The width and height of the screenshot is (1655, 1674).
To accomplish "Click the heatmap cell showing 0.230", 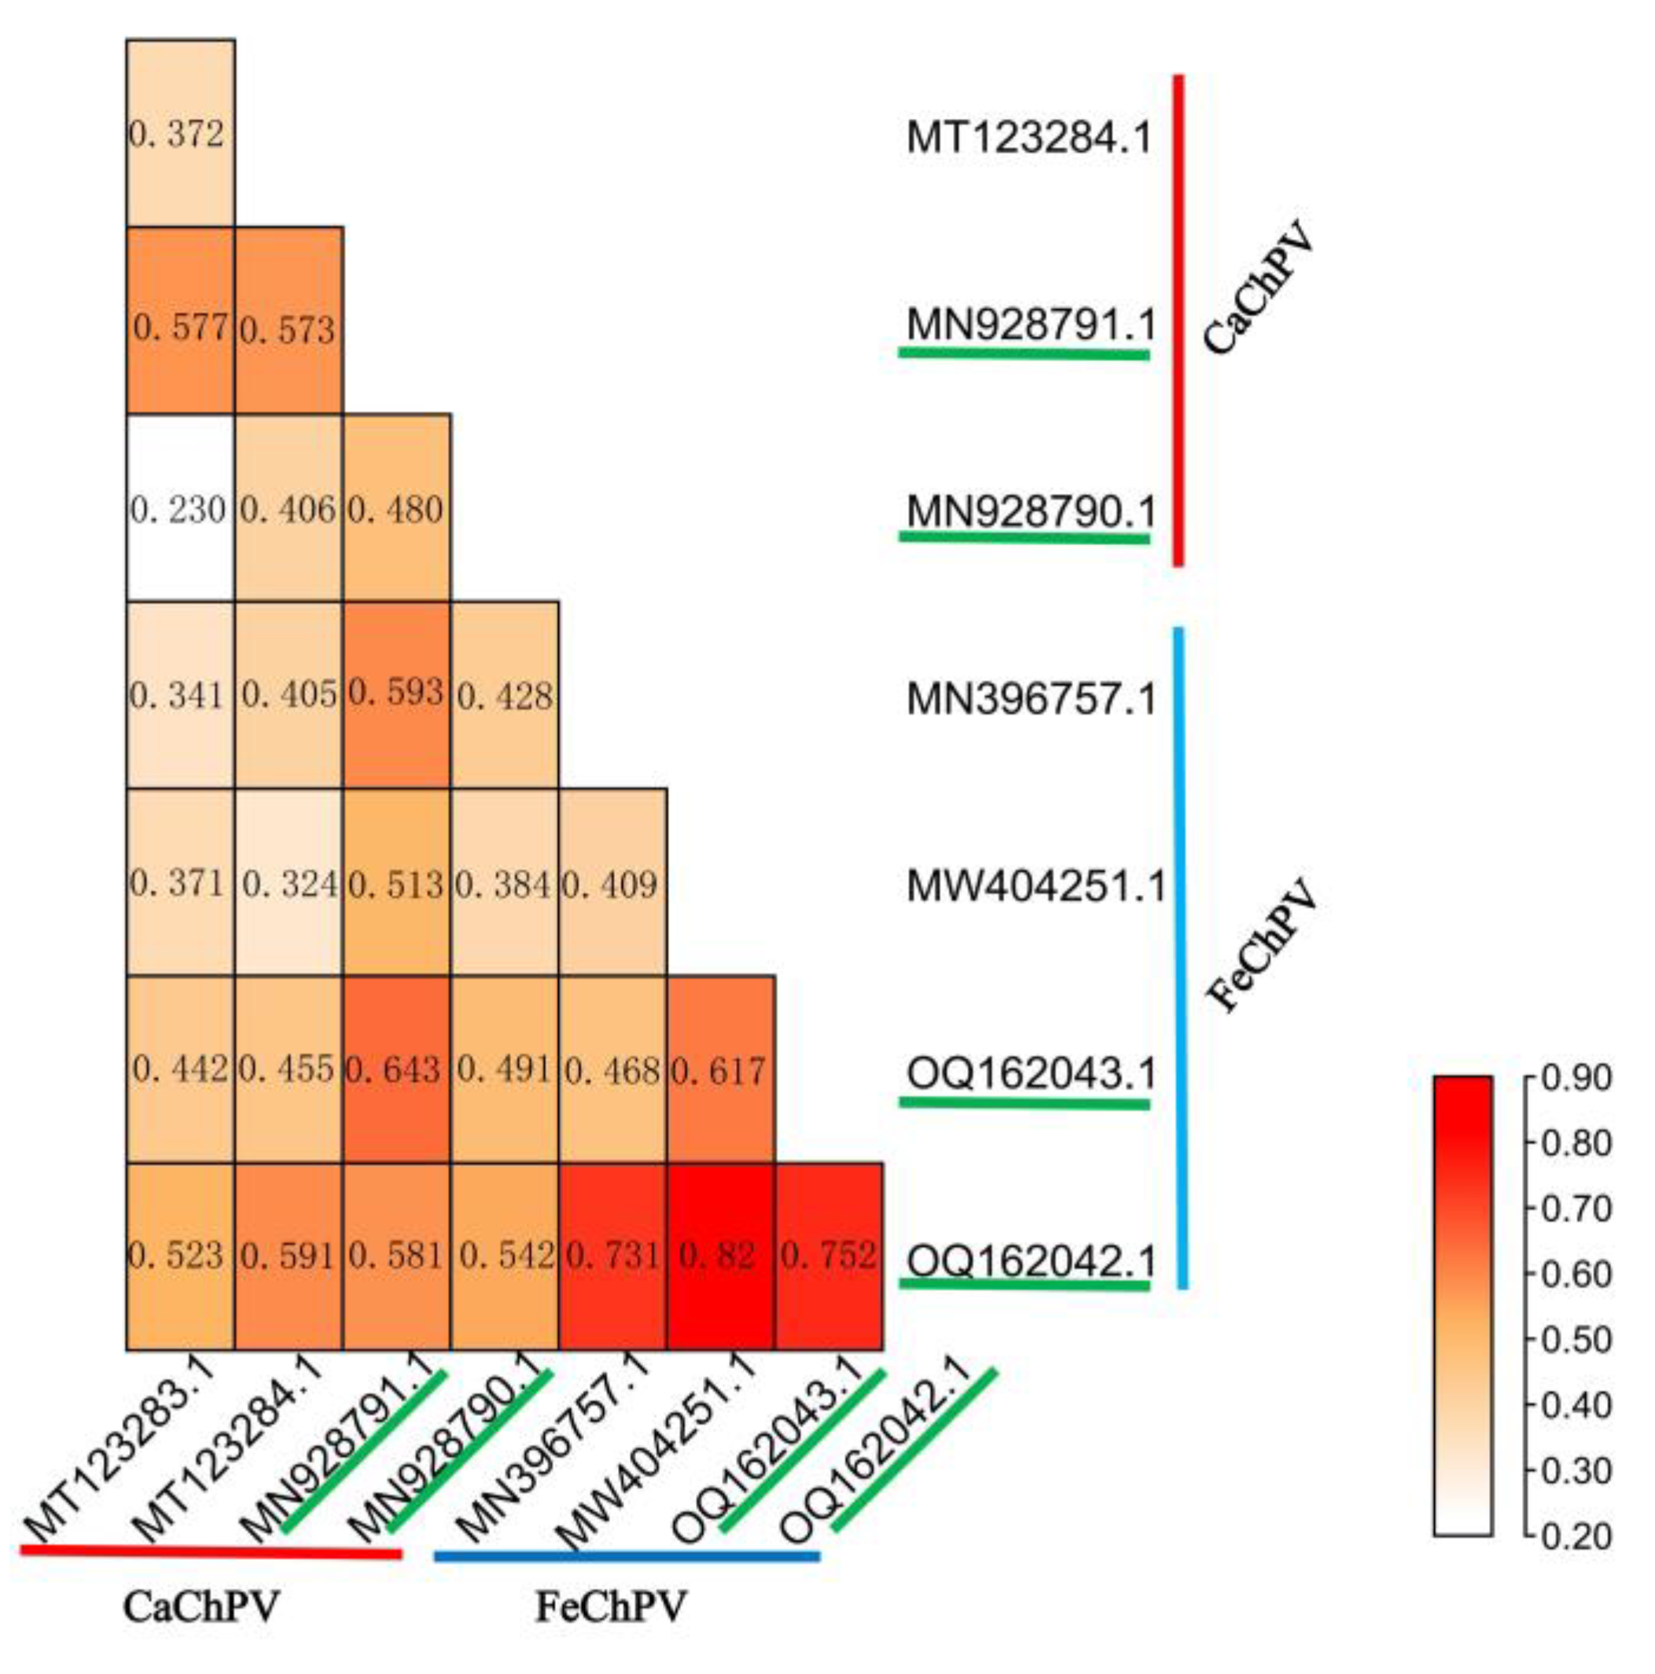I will coord(180,509).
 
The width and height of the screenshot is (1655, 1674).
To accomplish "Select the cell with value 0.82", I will coord(720,1256).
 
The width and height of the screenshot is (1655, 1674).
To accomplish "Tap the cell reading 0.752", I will coord(829,1256).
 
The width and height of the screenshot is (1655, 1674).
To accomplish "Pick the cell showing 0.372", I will coord(180,134).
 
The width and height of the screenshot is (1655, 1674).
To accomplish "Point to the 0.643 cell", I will coord(396,1069).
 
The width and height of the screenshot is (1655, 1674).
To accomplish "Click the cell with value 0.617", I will coord(720,1069).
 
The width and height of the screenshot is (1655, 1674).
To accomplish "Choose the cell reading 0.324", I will coord(289,882).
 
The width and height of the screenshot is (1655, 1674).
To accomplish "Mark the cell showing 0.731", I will coord(612,1256).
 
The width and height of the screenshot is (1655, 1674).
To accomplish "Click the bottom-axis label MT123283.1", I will coord(121,1448).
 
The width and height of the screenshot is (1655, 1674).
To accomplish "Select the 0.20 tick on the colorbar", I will coord(1576,1536).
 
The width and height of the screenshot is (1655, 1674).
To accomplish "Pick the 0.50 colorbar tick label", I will coord(1576,1341).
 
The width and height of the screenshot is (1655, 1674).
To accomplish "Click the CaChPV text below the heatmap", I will coord(201,1608).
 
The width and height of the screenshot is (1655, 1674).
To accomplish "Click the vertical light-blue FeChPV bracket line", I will coord(1181,953).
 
